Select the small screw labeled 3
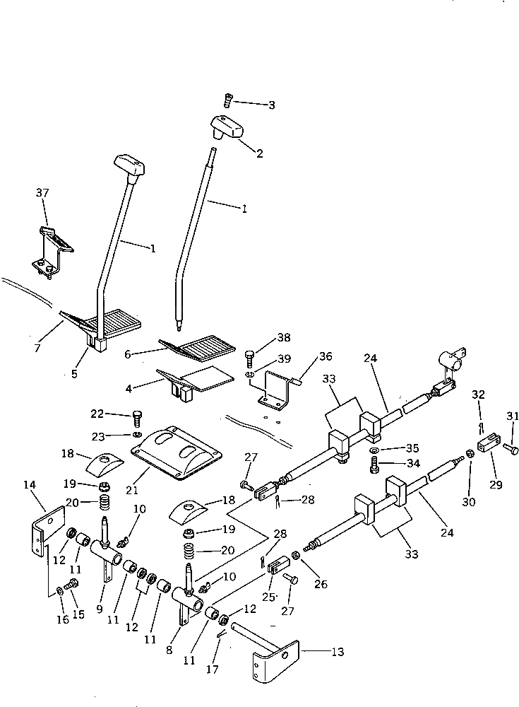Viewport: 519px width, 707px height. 228,101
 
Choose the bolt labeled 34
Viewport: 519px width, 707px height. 375,464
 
